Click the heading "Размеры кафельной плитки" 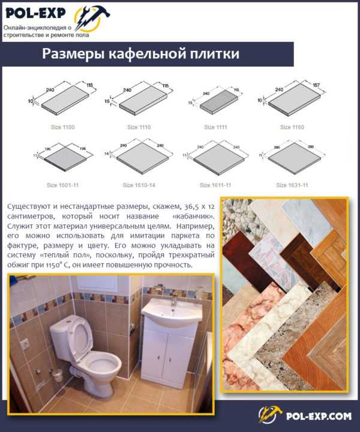[141, 54]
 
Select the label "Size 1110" [139, 127]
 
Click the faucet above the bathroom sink [173, 298]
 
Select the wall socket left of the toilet [26, 344]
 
